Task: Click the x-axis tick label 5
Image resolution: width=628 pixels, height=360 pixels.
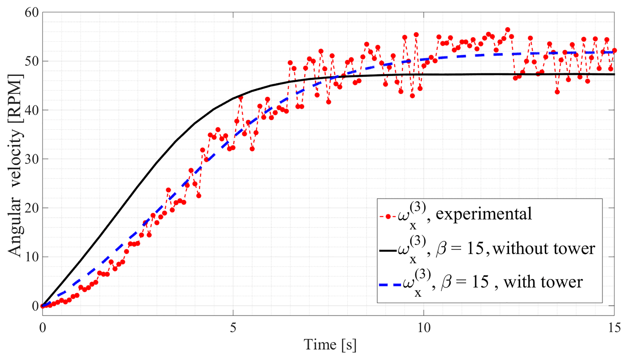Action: pyautogui.click(x=233, y=328)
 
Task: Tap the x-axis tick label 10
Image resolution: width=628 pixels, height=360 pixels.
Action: pyautogui.click(x=424, y=328)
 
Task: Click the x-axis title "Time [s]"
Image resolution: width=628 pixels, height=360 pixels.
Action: pyautogui.click(x=330, y=345)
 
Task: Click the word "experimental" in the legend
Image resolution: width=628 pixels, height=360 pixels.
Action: pyautogui.click(x=484, y=214)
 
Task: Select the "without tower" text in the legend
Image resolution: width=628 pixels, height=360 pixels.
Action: pyautogui.click(x=544, y=249)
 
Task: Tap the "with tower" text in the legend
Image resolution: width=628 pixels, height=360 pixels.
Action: pyautogui.click(x=543, y=282)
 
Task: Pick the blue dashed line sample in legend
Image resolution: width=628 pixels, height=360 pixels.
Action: pyautogui.click(x=390, y=285)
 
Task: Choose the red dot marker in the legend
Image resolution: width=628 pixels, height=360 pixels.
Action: pyautogui.click(x=388, y=217)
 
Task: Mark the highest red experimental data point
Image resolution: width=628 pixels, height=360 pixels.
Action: pyautogui.click(x=507, y=30)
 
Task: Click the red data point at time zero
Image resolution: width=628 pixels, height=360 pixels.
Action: pyautogui.click(x=43, y=306)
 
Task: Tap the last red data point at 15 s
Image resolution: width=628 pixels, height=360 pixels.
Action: pyautogui.click(x=614, y=50)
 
